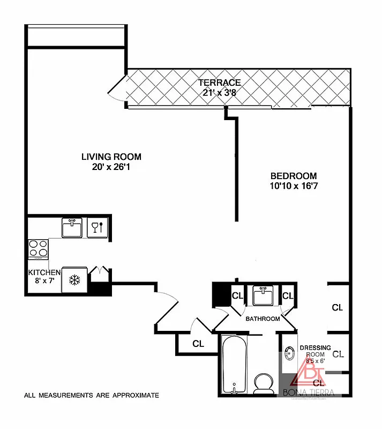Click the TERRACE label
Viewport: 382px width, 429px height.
coord(220,83)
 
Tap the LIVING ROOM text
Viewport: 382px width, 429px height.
coord(111,157)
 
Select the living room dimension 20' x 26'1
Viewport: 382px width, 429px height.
coord(111,167)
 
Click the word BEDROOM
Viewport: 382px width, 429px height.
coord(293,176)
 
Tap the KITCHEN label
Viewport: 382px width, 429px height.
coord(44,272)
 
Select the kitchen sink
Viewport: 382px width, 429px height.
coord(71,227)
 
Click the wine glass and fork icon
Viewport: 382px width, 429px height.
coord(97,227)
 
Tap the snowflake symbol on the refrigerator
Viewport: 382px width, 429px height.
coord(74,279)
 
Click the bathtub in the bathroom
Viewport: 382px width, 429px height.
coord(234,365)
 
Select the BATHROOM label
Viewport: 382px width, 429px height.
coord(263,319)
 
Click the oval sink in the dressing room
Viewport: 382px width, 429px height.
coord(290,354)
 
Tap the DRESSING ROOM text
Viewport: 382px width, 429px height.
coord(315,351)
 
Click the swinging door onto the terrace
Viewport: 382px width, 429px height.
coord(116,90)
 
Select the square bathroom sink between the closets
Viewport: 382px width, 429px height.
coord(263,295)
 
